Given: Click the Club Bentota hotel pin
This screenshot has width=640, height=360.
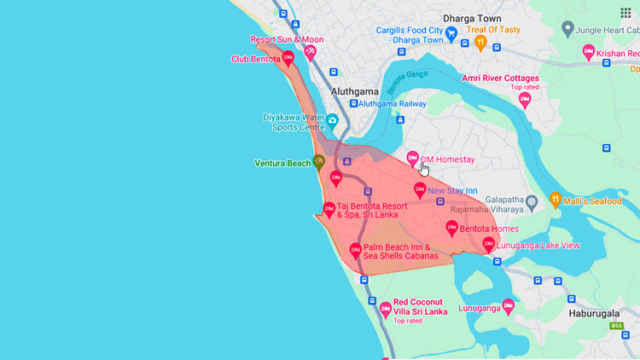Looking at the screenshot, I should tap(288, 59).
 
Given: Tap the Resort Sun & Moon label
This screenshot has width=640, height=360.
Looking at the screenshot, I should tap(287, 39).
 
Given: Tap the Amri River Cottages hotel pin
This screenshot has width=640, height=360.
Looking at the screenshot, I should tap(525, 99).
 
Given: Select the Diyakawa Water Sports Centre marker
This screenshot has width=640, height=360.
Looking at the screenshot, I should tap(332, 121).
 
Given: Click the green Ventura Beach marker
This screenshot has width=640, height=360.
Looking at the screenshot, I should tap(319, 161).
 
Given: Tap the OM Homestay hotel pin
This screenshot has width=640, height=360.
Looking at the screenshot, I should tap(412, 158).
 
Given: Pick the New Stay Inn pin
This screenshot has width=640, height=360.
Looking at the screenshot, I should tap(419, 189).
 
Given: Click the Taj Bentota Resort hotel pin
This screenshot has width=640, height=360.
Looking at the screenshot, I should tap(329, 209).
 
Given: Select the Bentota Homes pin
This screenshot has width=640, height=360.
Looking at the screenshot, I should tap(451, 228).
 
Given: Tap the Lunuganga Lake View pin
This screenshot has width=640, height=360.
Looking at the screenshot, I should tap(488, 244).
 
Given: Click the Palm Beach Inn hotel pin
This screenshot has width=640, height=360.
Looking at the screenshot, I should tap(356, 251).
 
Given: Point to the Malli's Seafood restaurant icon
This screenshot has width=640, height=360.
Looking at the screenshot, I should tap(555, 200).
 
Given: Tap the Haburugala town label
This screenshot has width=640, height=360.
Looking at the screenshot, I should tap(599, 312).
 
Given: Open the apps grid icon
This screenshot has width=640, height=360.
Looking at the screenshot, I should tap(625, 12).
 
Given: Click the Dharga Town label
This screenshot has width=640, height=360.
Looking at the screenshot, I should tap(470, 17).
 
